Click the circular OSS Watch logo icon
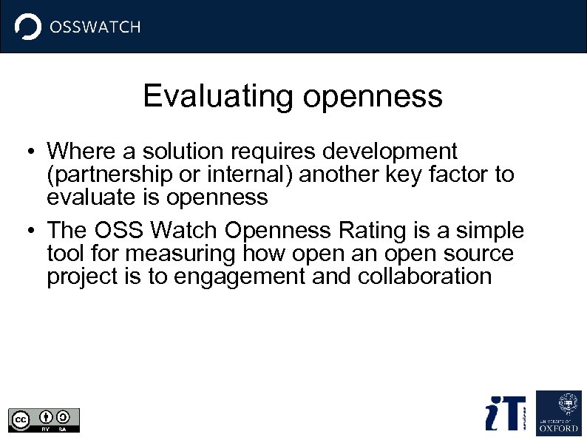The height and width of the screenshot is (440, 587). tap(28, 27)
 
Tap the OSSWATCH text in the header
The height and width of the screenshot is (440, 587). tap(95, 27)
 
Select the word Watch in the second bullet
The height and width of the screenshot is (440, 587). tap(183, 231)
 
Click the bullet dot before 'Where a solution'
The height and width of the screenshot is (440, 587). tap(27, 153)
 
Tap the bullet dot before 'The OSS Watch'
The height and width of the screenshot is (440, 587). tap(27, 232)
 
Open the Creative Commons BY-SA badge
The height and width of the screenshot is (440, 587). tap(44, 419)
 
